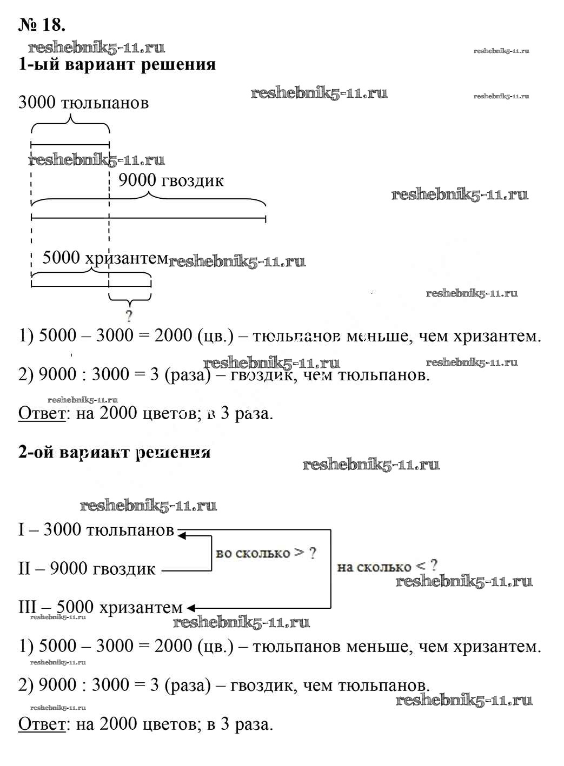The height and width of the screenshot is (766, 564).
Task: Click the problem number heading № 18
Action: (42, 25)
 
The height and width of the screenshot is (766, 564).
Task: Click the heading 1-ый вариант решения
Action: (117, 65)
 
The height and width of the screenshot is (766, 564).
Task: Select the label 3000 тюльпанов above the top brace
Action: (83, 103)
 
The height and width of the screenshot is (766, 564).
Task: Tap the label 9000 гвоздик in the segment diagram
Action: (171, 180)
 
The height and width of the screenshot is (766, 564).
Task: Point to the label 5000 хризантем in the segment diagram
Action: (105, 258)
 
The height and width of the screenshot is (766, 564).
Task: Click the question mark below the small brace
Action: (129, 315)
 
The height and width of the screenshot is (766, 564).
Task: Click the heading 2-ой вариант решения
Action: (114, 452)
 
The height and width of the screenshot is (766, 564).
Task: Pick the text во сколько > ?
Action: (266, 553)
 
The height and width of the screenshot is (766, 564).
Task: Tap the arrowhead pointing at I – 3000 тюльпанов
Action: (182, 535)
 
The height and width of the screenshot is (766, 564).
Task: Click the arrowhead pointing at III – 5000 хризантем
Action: (191, 608)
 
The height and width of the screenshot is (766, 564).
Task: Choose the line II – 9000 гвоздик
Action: (87, 569)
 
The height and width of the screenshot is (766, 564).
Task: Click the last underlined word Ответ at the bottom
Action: (42, 724)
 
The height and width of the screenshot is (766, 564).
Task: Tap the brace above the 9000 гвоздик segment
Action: (148, 201)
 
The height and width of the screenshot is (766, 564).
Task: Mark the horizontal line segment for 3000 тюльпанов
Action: (70, 144)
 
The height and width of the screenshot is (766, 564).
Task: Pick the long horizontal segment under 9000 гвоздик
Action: (148, 219)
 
